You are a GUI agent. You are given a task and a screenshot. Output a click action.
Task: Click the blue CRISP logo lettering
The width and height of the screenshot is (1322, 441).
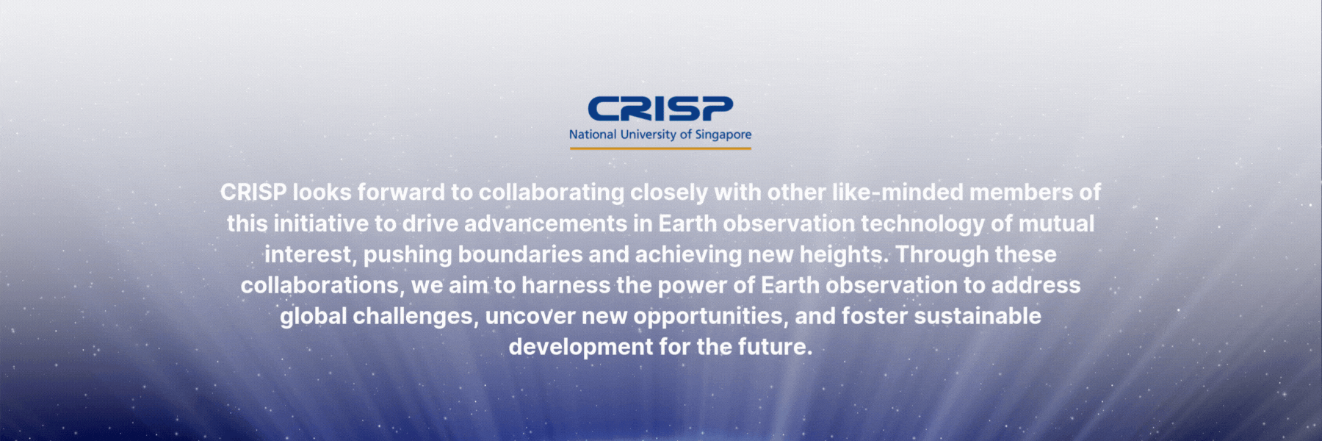[x=660, y=110]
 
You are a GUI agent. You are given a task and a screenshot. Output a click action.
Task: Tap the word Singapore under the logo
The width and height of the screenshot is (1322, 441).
[x=723, y=135]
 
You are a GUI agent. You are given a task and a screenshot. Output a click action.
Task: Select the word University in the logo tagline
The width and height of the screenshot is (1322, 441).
[x=648, y=135]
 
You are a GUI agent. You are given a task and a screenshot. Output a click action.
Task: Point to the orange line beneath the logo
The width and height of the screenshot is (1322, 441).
[x=660, y=148]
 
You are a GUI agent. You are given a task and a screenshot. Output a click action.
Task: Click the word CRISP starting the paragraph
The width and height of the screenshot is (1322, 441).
[x=253, y=193]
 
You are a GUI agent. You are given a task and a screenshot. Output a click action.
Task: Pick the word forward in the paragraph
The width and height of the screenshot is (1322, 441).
[x=401, y=193]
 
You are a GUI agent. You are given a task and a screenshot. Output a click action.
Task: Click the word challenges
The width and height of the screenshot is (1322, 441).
[x=415, y=317]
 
